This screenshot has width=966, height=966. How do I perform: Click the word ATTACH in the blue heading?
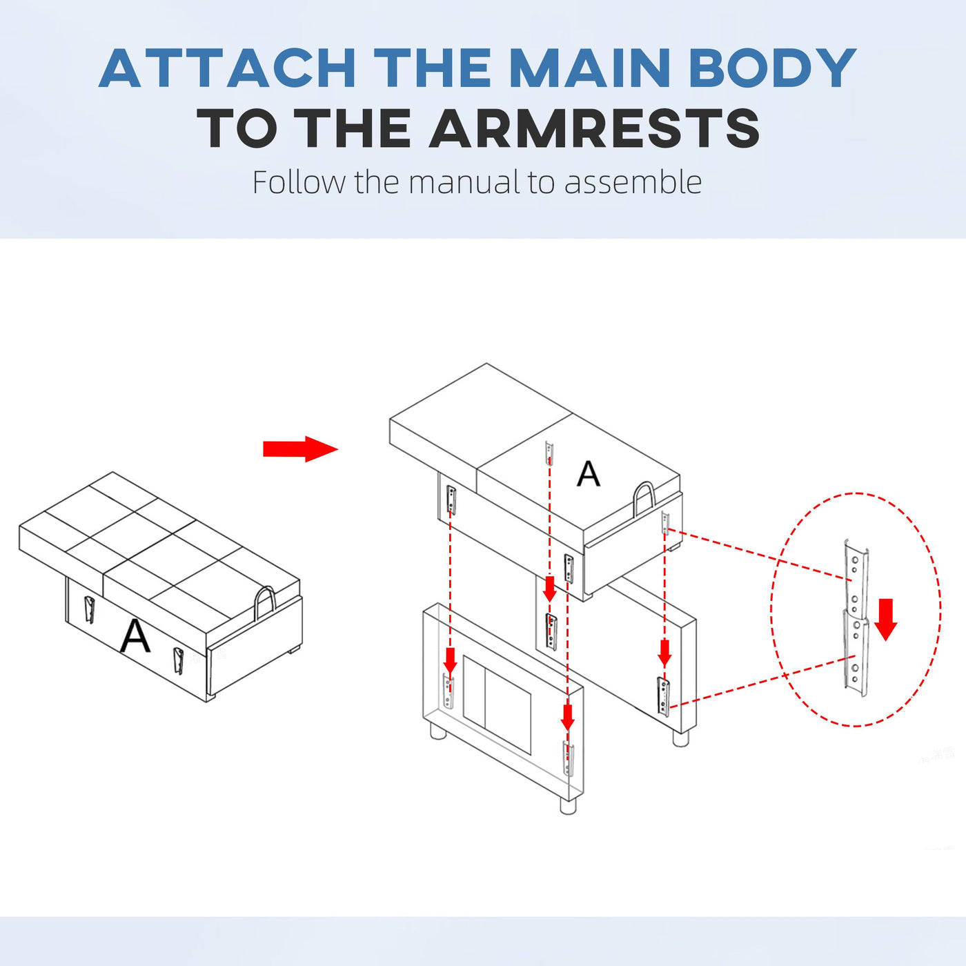tap(228, 68)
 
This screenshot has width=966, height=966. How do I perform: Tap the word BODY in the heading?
tap(773, 68)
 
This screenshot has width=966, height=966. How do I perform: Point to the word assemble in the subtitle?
tap(633, 182)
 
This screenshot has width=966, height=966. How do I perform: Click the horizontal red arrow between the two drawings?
tap(300, 448)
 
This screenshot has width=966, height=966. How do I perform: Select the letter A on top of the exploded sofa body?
tap(588, 473)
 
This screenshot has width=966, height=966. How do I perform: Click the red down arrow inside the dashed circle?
tap(886, 620)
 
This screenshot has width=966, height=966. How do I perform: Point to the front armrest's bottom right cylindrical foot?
tap(567, 806)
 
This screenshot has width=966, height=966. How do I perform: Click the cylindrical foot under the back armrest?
tap(681, 738)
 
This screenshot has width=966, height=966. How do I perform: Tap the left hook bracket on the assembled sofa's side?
tap(89, 609)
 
